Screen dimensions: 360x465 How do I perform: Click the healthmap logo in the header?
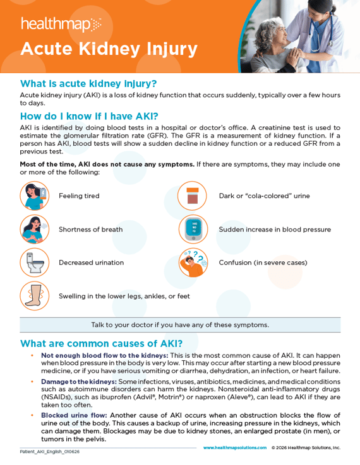[61, 25]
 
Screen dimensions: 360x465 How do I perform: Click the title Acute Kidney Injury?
[109, 49]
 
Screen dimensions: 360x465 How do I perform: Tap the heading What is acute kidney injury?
[88, 83]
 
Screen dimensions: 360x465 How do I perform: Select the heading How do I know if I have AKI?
[89, 116]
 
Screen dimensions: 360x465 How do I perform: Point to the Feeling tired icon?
[34, 196]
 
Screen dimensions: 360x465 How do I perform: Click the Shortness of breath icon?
[34, 229]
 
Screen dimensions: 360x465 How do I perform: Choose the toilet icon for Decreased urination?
[34, 262]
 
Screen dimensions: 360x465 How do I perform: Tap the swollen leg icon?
[34, 295]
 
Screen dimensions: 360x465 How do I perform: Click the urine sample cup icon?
[192, 196]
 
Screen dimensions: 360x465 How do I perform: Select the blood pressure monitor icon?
[192, 229]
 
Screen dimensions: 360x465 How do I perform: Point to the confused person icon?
[192, 262]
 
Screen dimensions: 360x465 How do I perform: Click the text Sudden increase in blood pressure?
[275, 230]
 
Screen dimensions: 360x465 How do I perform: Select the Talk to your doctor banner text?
[180, 325]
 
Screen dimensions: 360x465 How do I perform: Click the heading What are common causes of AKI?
[101, 344]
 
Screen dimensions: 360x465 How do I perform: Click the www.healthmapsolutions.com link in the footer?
[234, 447]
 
